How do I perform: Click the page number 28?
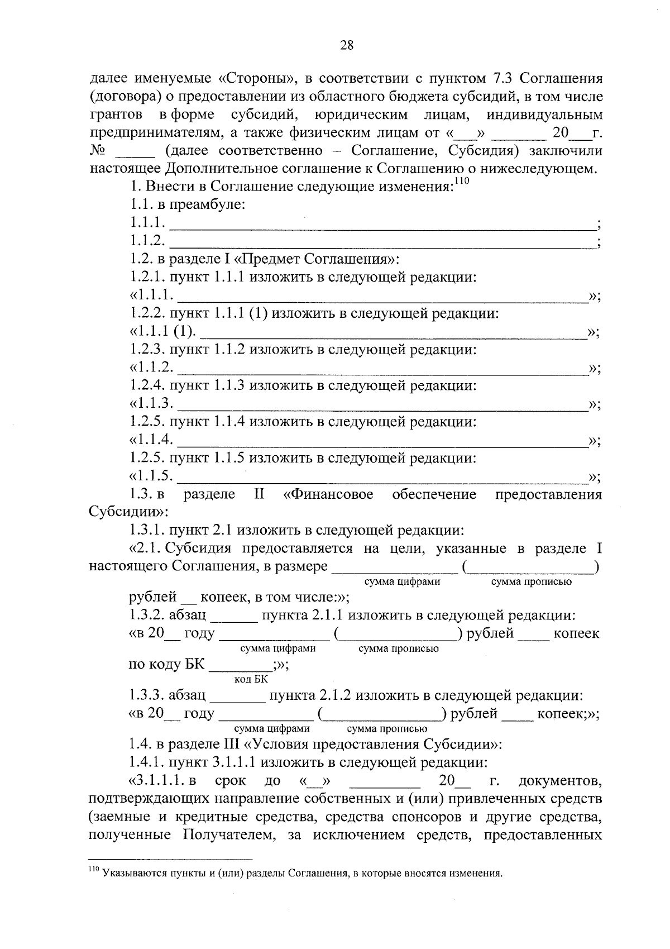[x=346, y=45]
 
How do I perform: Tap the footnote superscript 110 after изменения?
[x=463, y=181]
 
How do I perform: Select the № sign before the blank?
[x=98, y=151]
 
